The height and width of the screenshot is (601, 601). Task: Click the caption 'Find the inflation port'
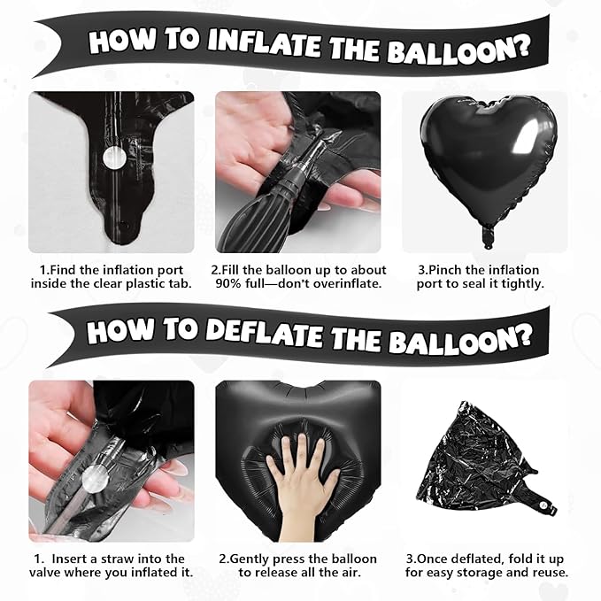(112, 270)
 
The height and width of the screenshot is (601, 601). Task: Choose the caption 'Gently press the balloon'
(298, 559)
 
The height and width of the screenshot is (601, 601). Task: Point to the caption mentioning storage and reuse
(487, 573)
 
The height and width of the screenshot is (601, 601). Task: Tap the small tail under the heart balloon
(486, 236)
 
